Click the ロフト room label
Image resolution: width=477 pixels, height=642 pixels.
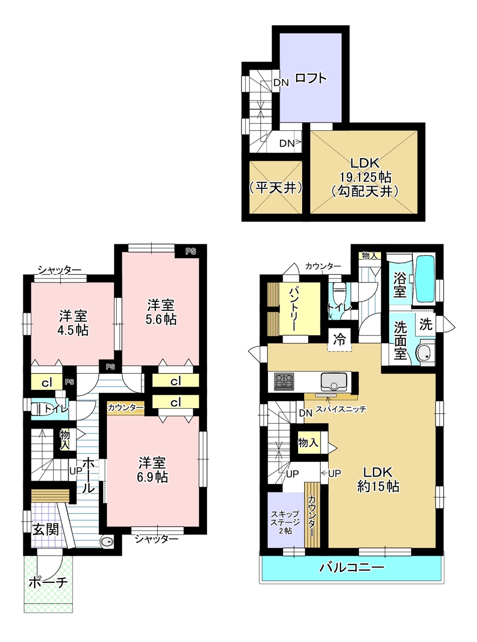point(311,78)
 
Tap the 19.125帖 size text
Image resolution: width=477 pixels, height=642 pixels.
point(365,177)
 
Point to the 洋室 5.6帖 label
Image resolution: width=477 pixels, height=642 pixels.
point(161,312)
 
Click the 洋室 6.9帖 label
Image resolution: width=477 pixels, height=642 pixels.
point(152,469)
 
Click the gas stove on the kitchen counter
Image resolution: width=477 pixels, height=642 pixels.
point(284,381)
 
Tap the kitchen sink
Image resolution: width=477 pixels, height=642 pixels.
point(334,382)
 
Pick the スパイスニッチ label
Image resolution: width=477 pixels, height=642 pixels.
point(341,409)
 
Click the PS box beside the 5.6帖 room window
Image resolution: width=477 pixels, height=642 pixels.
point(190,251)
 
